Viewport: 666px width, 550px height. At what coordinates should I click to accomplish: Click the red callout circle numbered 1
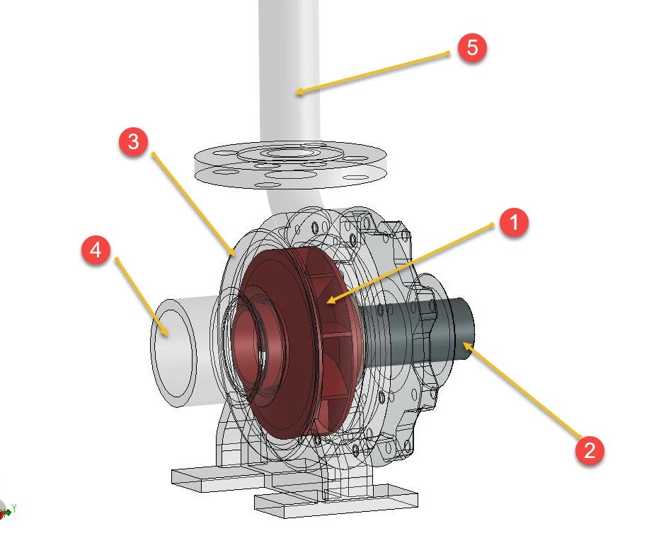click(x=515, y=223)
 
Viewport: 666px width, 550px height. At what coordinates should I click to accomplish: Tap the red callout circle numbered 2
click(x=590, y=449)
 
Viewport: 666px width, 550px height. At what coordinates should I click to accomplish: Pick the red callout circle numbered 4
click(x=96, y=251)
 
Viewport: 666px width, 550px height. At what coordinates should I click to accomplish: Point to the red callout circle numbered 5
click(x=472, y=48)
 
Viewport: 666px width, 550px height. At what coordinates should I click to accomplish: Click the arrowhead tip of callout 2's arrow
click(x=464, y=343)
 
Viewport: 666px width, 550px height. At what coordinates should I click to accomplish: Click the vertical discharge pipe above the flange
click(x=290, y=64)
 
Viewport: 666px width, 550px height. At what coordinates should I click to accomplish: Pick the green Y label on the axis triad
click(x=13, y=508)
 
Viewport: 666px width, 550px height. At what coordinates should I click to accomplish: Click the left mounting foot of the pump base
click(x=205, y=477)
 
